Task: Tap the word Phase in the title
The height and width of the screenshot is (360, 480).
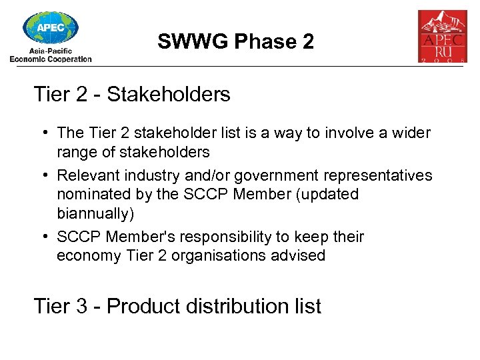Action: pyautogui.click(x=257, y=42)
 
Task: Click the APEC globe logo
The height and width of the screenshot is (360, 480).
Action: pyautogui.click(x=51, y=27)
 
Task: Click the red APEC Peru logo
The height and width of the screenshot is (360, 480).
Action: pyautogui.click(x=442, y=36)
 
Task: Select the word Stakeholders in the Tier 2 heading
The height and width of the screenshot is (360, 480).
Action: pyautogui.click(x=168, y=95)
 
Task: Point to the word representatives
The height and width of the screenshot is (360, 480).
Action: pyautogui.click(x=379, y=176)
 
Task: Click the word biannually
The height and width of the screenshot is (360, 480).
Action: pyautogui.click(x=95, y=214)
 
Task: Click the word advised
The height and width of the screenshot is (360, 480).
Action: pyautogui.click(x=299, y=256)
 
